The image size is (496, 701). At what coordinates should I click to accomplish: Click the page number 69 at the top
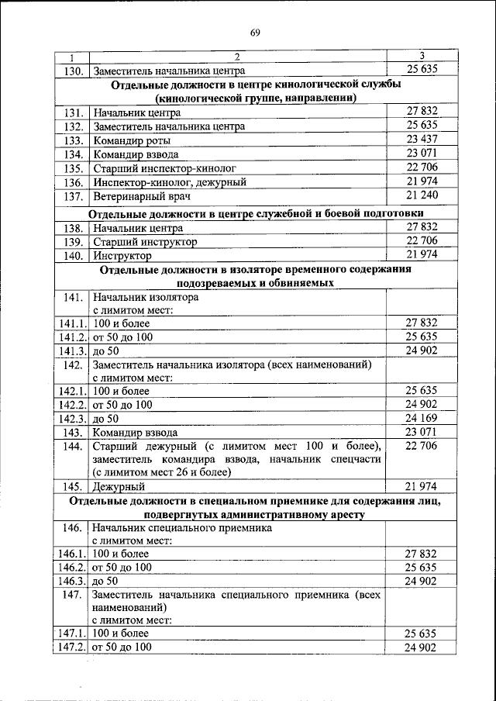(x=255, y=32)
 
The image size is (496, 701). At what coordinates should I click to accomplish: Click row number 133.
(x=74, y=140)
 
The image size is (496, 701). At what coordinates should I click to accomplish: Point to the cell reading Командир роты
(x=131, y=140)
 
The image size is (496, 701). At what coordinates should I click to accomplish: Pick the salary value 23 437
(x=422, y=140)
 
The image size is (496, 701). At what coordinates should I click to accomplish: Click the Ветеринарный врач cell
(x=136, y=196)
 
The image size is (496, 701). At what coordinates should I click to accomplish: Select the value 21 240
(x=422, y=195)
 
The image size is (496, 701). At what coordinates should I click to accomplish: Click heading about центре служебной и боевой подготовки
(x=256, y=213)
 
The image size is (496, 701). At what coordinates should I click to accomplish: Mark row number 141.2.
(x=72, y=337)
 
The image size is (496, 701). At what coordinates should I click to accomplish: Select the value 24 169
(x=422, y=418)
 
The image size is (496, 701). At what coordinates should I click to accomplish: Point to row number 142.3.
(x=72, y=419)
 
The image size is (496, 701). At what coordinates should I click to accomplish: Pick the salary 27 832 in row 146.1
(x=422, y=553)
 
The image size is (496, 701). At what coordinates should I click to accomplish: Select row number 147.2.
(x=72, y=647)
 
